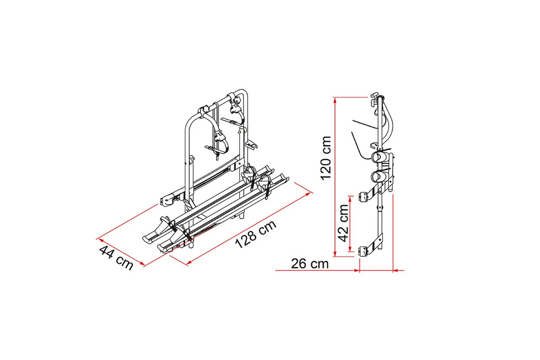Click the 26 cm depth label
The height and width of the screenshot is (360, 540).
pos(310,264)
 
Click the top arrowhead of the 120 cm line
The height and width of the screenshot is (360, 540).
pos(335,99)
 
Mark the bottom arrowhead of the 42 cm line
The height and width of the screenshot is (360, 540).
pos(350,254)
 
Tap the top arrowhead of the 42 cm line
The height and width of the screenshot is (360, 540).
pos(350,197)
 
